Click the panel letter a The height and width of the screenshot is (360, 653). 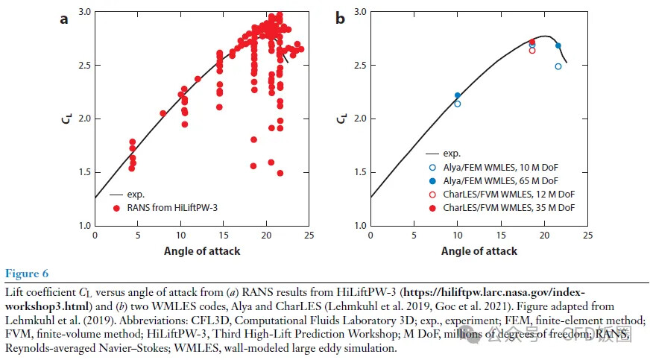[64, 19]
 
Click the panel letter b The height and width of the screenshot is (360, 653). [340, 19]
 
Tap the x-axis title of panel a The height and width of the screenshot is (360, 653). [202, 251]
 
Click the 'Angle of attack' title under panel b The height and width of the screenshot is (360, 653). [479, 251]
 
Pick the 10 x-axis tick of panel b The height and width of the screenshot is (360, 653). [457, 235]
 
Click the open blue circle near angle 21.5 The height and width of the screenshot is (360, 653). [558, 66]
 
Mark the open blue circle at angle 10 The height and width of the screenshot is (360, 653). [458, 104]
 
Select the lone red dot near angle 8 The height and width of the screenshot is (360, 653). [163, 113]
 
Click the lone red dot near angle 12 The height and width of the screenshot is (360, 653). [198, 79]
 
